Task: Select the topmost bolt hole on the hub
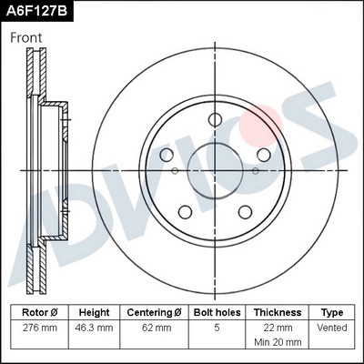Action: pyautogui.click(x=215, y=119)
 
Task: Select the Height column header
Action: pyautogui.click(x=94, y=311)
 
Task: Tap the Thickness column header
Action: pyautogui.click(x=278, y=311)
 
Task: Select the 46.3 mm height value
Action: pyautogui.click(x=94, y=327)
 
